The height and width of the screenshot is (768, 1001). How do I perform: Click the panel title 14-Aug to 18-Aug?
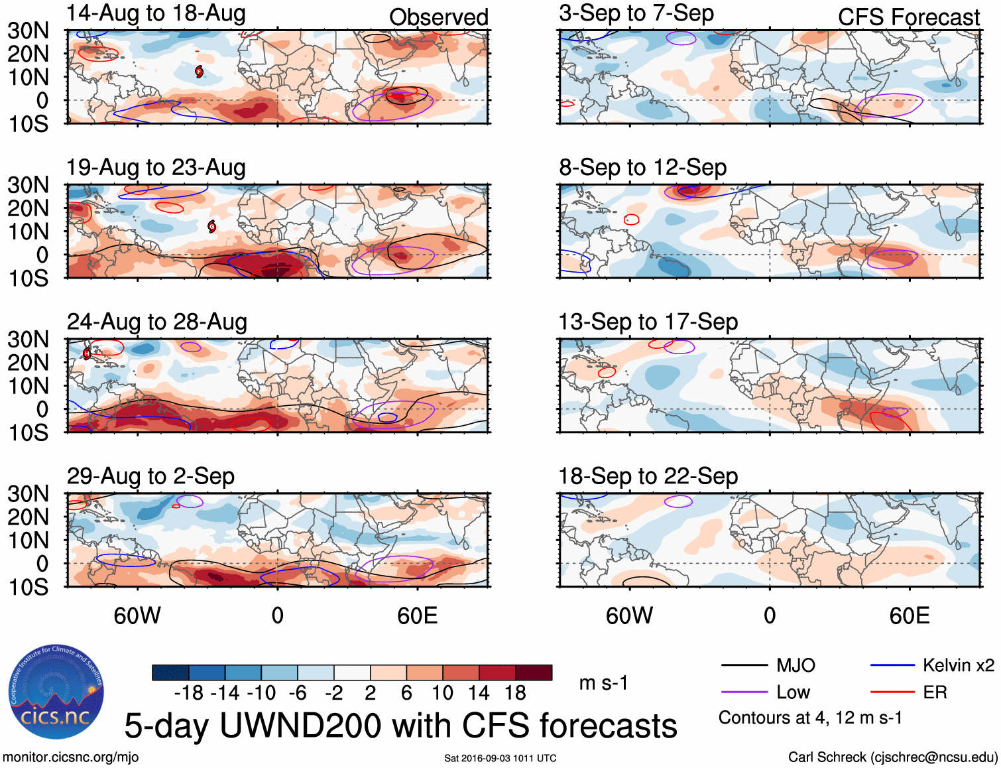pyautogui.click(x=156, y=13)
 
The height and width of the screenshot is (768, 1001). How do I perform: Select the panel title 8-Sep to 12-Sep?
pyautogui.click(x=642, y=168)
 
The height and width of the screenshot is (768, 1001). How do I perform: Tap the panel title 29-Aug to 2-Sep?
pyautogui.click(x=150, y=476)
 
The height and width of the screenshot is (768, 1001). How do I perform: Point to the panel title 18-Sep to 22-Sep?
pyautogui.click(x=648, y=476)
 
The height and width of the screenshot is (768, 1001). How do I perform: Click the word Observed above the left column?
pyautogui.click(x=438, y=17)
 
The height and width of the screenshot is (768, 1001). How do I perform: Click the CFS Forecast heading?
pyautogui.click(x=908, y=17)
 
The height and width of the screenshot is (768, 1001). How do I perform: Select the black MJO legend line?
pyautogui.click(x=744, y=665)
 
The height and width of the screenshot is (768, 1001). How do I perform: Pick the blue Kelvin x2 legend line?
pyautogui.click(x=892, y=665)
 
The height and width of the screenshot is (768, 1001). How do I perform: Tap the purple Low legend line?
pyautogui.click(x=744, y=692)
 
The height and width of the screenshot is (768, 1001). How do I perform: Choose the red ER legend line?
pyautogui.click(x=892, y=692)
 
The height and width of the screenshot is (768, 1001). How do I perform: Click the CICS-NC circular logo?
pyautogui.click(x=56, y=691)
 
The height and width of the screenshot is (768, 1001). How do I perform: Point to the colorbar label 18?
pyautogui.click(x=515, y=694)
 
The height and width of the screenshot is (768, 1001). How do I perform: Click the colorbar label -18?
pyautogui.click(x=189, y=694)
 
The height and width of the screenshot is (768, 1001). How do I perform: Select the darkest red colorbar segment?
pyautogui.click(x=534, y=672)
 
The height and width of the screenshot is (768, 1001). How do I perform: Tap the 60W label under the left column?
pyautogui.click(x=137, y=616)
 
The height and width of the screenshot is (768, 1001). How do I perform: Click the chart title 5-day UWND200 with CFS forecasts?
pyautogui.click(x=400, y=726)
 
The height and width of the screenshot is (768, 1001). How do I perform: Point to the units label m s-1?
pyautogui.click(x=603, y=683)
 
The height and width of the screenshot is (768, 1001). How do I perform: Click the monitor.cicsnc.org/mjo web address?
pyautogui.click(x=71, y=757)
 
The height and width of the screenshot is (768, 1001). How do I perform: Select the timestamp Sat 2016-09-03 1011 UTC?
pyautogui.click(x=500, y=758)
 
